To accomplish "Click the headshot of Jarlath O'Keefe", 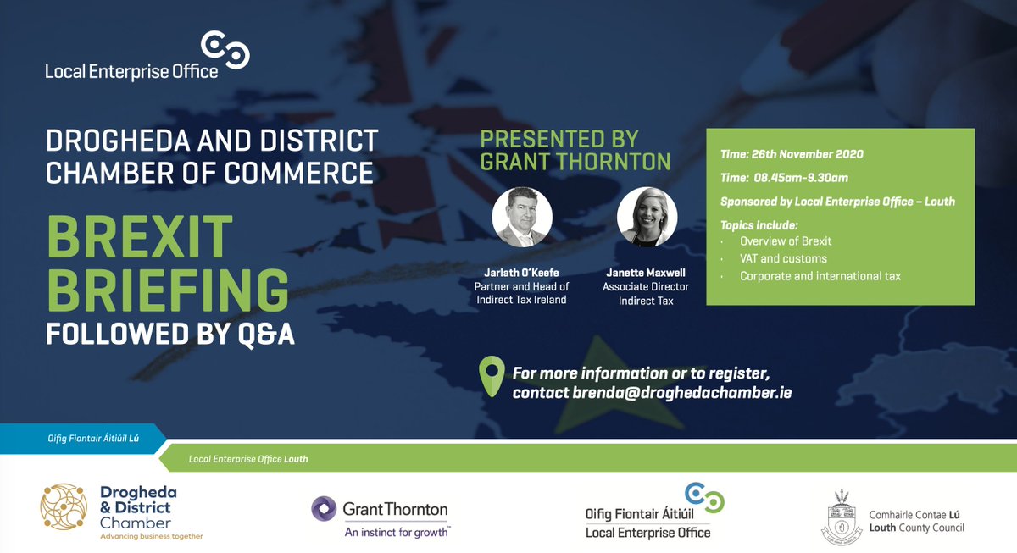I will [522, 217].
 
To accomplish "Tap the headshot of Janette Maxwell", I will [647, 217].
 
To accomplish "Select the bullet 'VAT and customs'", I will [783, 258].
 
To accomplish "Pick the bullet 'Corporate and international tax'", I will [820, 276].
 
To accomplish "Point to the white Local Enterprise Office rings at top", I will [225, 50].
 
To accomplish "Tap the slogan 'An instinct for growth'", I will [397, 533].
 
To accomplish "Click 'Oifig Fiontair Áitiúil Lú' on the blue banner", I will [81, 439].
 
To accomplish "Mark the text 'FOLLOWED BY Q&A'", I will [169, 334].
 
